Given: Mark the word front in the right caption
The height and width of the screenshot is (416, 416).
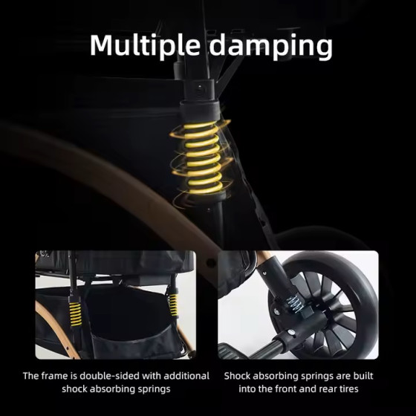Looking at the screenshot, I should (282, 389).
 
